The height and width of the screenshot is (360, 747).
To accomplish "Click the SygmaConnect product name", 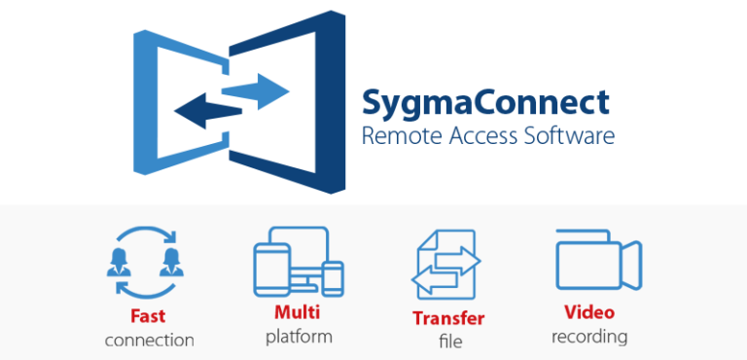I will point(485,102).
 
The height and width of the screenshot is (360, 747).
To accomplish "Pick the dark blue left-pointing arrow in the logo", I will point(206,111).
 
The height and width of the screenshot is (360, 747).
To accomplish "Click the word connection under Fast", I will point(150,341).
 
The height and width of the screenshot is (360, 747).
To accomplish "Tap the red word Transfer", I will point(447,318).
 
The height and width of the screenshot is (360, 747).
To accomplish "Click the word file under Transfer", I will point(448,342).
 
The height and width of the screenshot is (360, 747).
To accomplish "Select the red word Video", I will point(589,314).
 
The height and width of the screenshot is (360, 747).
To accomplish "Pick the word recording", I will point(589,338).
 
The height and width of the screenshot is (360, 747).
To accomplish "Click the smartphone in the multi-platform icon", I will point(333,278).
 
